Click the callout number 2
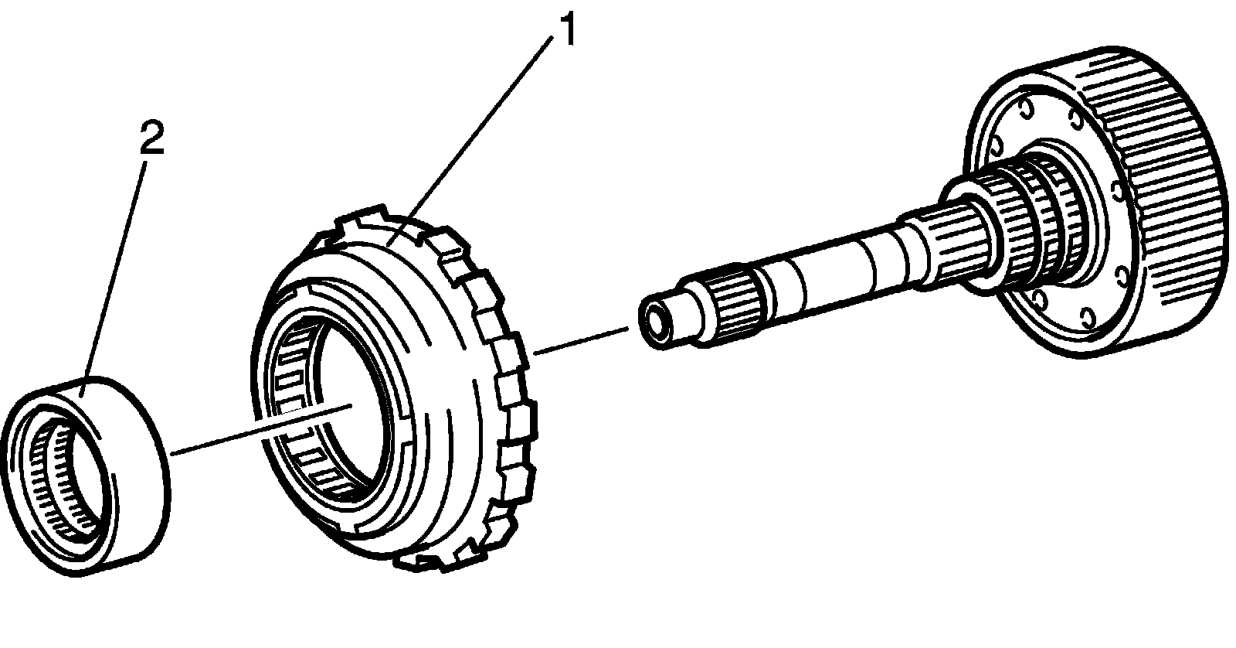tap(151, 140)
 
